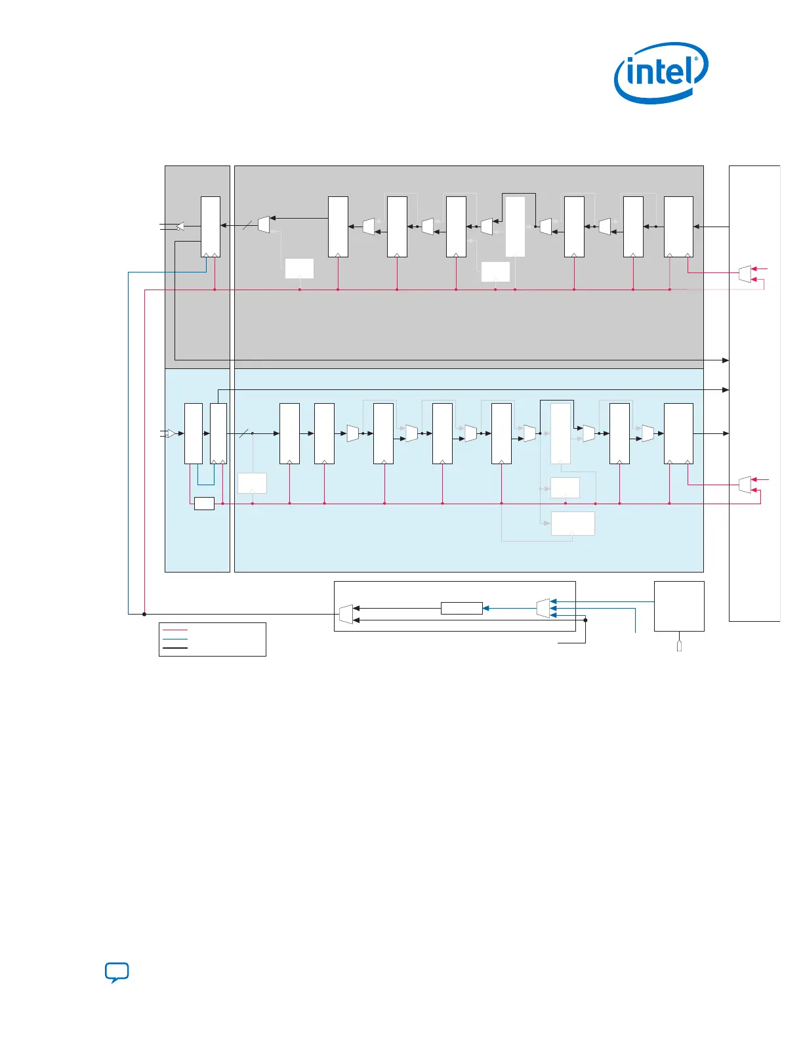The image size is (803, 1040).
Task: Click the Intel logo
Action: pyautogui.click(x=661, y=72)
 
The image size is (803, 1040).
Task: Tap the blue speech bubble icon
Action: pyautogui.click(x=117, y=972)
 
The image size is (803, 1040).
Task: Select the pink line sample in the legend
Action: pyautogui.click(x=175, y=630)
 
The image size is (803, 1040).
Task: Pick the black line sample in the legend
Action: pyautogui.click(x=175, y=648)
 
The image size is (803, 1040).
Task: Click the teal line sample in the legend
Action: pyautogui.click(x=175, y=639)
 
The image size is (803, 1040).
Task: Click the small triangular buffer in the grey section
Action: pyautogui.click(x=180, y=227)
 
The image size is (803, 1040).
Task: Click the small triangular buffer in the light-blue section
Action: pyautogui.click(x=171, y=433)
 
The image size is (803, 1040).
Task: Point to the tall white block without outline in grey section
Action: pyautogui.click(x=515, y=227)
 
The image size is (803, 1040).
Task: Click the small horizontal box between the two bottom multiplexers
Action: pyautogui.click(x=461, y=608)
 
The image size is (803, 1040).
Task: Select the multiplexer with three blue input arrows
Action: pyautogui.click(x=543, y=608)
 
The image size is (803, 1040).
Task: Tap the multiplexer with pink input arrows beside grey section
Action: pyautogui.click(x=745, y=274)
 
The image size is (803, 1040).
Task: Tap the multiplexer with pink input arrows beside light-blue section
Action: pyautogui.click(x=745, y=485)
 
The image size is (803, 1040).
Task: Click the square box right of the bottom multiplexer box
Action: pyautogui.click(x=679, y=606)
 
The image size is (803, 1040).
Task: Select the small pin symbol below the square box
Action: pyautogui.click(x=679, y=646)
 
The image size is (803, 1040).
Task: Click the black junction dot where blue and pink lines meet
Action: pyautogui.click(x=144, y=614)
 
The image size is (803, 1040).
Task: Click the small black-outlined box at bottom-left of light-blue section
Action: pyautogui.click(x=204, y=504)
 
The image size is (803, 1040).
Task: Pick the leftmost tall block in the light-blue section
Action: pyautogui.click(x=194, y=433)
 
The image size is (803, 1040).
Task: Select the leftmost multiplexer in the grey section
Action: pyautogui.click(x=264, y=224)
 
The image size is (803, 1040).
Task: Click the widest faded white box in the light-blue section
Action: pyautogui.click(x=573, y=523)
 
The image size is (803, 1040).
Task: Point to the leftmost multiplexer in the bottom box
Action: pyautogui.click(x=346, y=614)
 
